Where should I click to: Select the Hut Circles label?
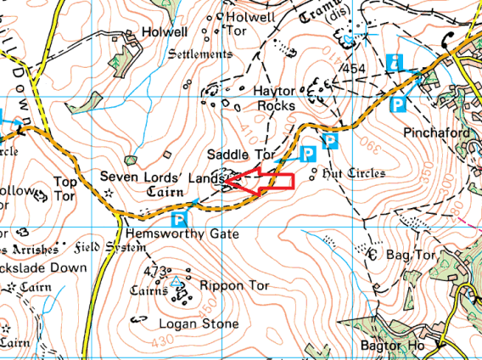[x=355, y=173]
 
